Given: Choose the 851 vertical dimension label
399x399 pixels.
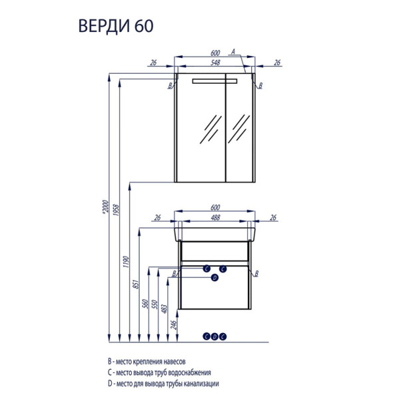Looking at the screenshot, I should (136, 285).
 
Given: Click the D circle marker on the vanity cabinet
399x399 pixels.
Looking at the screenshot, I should (215, 278).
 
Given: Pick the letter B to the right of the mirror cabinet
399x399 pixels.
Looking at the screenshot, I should (260, 86).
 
